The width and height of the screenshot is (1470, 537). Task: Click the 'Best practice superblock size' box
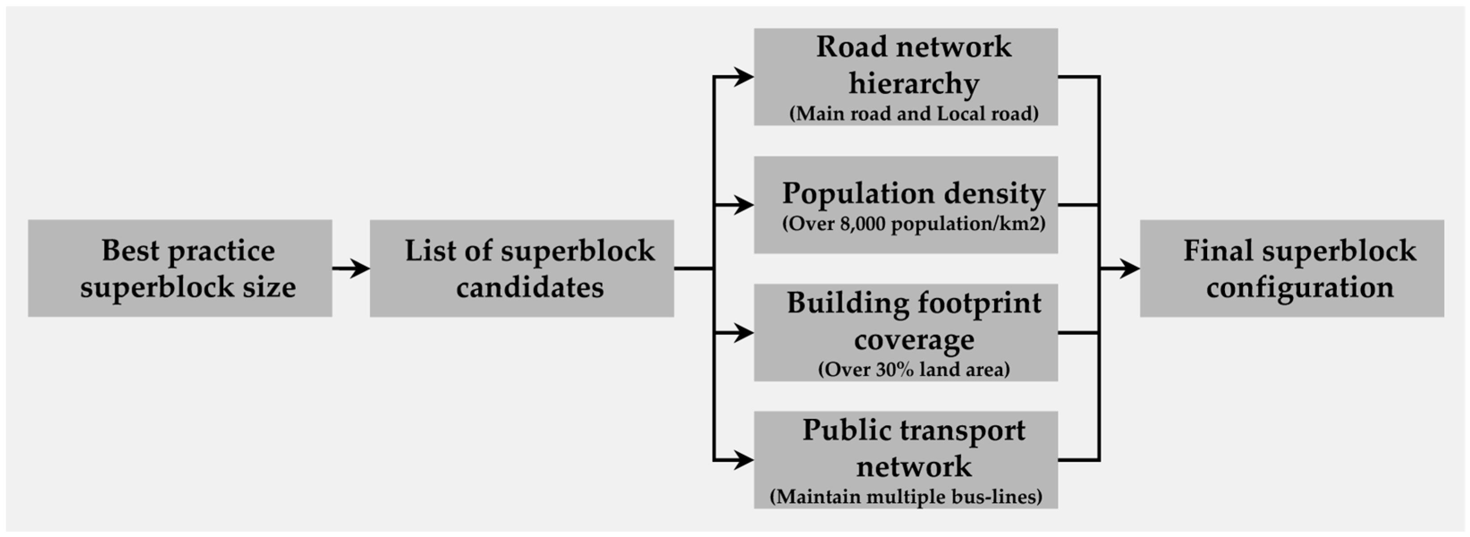click(180, 268)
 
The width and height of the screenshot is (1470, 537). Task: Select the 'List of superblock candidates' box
click(522, 268)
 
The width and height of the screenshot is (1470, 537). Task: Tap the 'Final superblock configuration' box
click(1292, 268)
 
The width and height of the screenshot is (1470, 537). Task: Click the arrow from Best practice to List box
click(351, 268)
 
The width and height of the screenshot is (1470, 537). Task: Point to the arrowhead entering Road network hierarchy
click(743, 76)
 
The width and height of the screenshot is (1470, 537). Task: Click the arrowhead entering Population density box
click(743, 204)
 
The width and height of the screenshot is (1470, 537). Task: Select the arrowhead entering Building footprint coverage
click(743, 332)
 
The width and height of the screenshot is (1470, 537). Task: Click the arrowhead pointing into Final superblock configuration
click(1129, 268)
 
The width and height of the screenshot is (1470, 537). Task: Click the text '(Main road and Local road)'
click(914, 114)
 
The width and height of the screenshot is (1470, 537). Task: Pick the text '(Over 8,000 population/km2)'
click(914, 224)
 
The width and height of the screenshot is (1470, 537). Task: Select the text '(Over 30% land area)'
click(914, 369)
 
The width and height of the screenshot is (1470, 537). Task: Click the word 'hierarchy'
click(914, 83)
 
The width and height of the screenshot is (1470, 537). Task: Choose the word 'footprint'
click(976, 304)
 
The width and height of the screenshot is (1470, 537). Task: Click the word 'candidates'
click(529, 287)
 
